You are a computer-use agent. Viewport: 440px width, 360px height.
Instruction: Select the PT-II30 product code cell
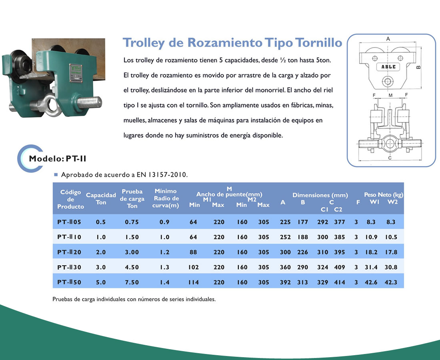(69, 267)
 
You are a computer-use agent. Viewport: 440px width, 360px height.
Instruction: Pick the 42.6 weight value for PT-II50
(371, 282)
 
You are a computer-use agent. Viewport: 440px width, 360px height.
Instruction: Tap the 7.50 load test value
(132, 282)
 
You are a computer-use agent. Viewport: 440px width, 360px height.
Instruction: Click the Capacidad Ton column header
(101, 198)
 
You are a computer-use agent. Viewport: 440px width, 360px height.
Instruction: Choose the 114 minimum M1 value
(194, 282)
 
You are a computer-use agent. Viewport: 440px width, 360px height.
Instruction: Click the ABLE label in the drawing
(388, 67)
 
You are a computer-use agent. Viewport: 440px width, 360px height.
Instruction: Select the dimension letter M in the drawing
(390, 95)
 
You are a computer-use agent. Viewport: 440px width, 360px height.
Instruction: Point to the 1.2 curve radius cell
(164, 252)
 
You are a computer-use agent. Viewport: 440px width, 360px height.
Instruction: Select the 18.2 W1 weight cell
(371, 252)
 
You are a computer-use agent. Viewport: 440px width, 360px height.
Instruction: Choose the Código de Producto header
(70, 199)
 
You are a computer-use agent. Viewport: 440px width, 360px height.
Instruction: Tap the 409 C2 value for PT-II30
(339, 267)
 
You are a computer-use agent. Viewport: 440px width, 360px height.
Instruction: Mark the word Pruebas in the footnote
(62, 299)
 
